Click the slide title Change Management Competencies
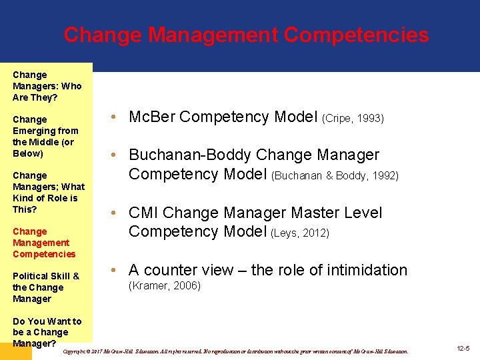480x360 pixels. coord(246,35)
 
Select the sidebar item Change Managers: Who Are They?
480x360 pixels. coord(47,86)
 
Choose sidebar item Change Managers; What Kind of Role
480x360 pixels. coord(49,192)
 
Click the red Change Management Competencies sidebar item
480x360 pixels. coord(44,243)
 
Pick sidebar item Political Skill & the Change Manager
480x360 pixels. coord(46,287)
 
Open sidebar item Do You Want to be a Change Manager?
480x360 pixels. coord(47,332)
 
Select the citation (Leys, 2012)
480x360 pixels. coord(300,233)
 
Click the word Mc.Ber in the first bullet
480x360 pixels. coord(152,117)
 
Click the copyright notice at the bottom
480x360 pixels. coord(234,351)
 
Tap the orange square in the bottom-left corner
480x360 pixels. coord(16,351)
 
